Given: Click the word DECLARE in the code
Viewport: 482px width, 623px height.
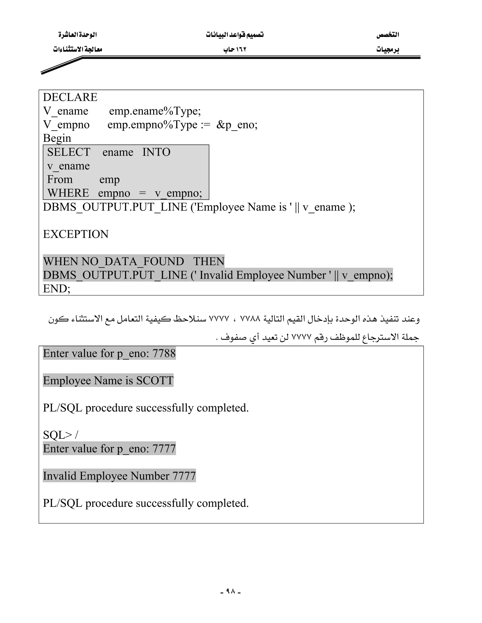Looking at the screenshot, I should click(x=70, y=97).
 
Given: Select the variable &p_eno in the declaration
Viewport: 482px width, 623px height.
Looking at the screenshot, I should click(x=237, y=125).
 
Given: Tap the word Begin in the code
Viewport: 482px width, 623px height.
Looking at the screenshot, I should click(x=57, y=138).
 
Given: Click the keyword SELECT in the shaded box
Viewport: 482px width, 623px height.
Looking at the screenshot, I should click(x=69, y=152).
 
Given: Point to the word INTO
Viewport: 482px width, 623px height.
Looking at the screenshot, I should click(x=156, y=152).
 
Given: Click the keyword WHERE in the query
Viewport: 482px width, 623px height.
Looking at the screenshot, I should click(x=68, y=193).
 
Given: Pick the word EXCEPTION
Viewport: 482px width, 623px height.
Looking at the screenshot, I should click(x=76, y=234).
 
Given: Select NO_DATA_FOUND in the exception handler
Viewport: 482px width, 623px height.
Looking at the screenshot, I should click(x=133, y=262).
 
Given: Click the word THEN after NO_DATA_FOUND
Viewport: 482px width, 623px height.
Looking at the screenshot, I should click(x=209, y=262).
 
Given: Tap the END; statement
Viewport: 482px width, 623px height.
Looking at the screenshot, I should click(x=56, y=289).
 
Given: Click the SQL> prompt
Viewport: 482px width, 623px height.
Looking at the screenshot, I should click(x=57, y=435).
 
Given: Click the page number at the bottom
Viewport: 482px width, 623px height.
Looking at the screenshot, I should click(x=230, y=591).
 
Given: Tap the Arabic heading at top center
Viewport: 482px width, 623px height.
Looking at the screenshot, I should click(x=235, y=35).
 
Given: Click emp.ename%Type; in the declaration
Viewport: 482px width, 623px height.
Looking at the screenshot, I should click(x=155, y=111).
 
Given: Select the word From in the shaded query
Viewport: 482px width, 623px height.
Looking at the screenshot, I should click(x=60, y=179).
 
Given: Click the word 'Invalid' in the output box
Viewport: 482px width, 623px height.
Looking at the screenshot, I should click(x=60, y=476).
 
